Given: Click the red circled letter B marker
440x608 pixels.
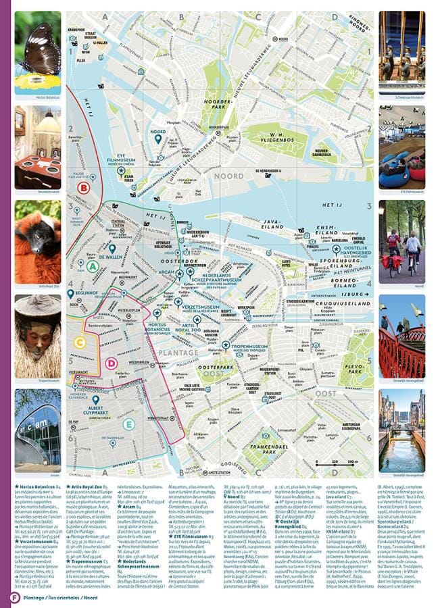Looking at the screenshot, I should point(84,188).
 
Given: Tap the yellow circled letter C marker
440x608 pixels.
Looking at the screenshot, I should point(80,342).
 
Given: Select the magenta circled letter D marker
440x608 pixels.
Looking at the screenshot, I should point(112,363).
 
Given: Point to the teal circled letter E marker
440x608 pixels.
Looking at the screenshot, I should point(129,424).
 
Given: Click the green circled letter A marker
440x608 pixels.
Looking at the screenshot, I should point(92,266).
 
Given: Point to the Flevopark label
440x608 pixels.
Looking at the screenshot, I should point(354,370).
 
